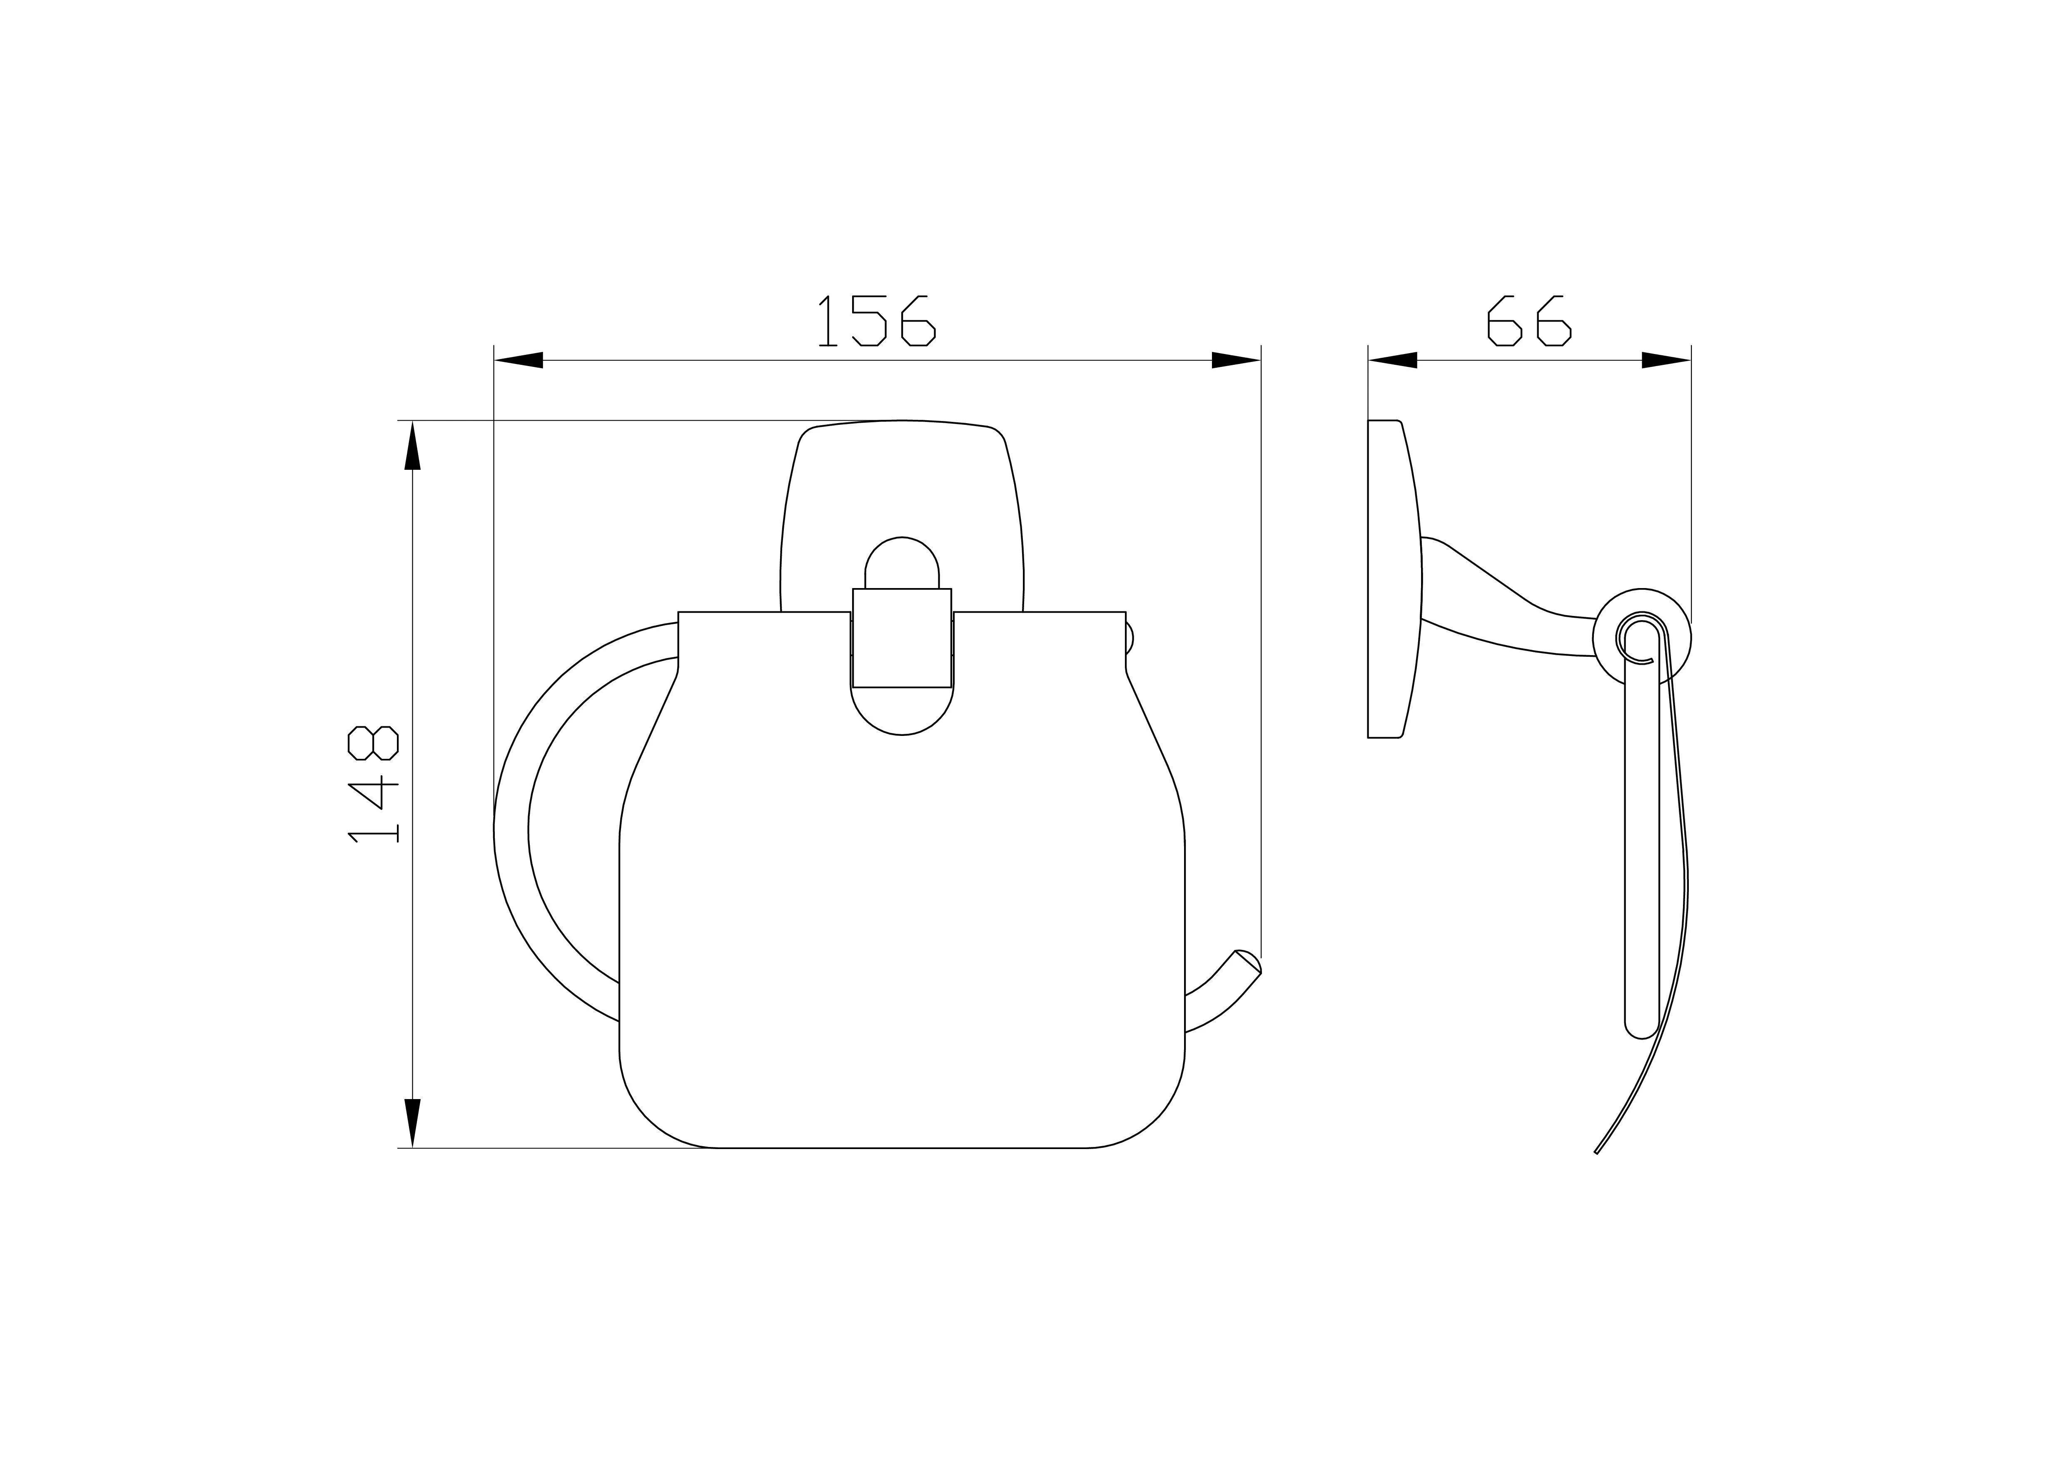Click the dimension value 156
(x=876, y=320)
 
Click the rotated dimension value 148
(x=373, y=784)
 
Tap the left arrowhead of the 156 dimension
(x=519, y=360)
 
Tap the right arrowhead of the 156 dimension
(x=1236, y=360)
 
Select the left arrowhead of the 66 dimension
(x=1393, y=360)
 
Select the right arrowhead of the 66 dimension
(x=1666, y=360)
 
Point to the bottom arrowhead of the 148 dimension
(x=412, y=1123)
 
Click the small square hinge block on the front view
(x=902, y=638)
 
